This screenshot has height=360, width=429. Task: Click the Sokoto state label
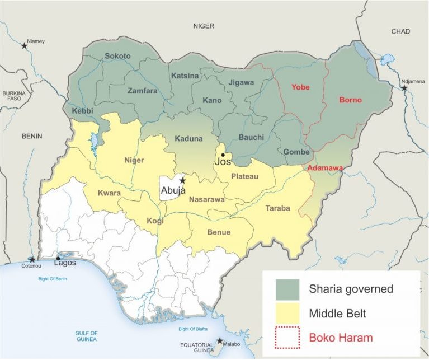coord(117,56)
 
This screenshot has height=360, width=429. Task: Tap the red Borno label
coord(350,101)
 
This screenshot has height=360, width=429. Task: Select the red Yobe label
coord(300,87)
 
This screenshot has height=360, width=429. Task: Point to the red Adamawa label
coord(324,168)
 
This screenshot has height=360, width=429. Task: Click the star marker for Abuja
coord(182,181)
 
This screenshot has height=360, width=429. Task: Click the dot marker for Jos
coord(223,155)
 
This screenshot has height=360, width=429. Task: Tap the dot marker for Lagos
coord(58,258)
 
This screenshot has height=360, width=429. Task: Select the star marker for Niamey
coord(24,46)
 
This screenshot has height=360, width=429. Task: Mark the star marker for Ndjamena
coord(404,88)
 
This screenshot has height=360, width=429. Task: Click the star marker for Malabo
coord(220,340)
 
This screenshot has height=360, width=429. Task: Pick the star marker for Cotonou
coord(32,260)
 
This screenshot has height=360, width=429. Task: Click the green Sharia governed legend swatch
coord(287,289)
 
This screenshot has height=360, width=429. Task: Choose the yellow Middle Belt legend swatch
coord(287,314)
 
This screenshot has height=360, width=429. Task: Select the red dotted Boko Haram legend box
coord(287,338)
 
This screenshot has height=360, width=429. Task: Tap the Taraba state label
coord(277,208)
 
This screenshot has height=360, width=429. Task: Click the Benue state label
coord(219,232)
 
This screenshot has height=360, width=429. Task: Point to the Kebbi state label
coord(82,111)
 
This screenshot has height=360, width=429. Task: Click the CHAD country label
coord(400,31)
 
